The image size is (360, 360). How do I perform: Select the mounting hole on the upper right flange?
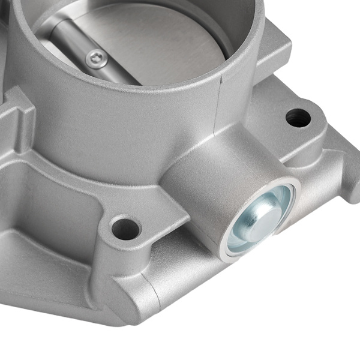[x=298, y=117]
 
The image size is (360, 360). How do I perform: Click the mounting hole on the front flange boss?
[x=126, y=228]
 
